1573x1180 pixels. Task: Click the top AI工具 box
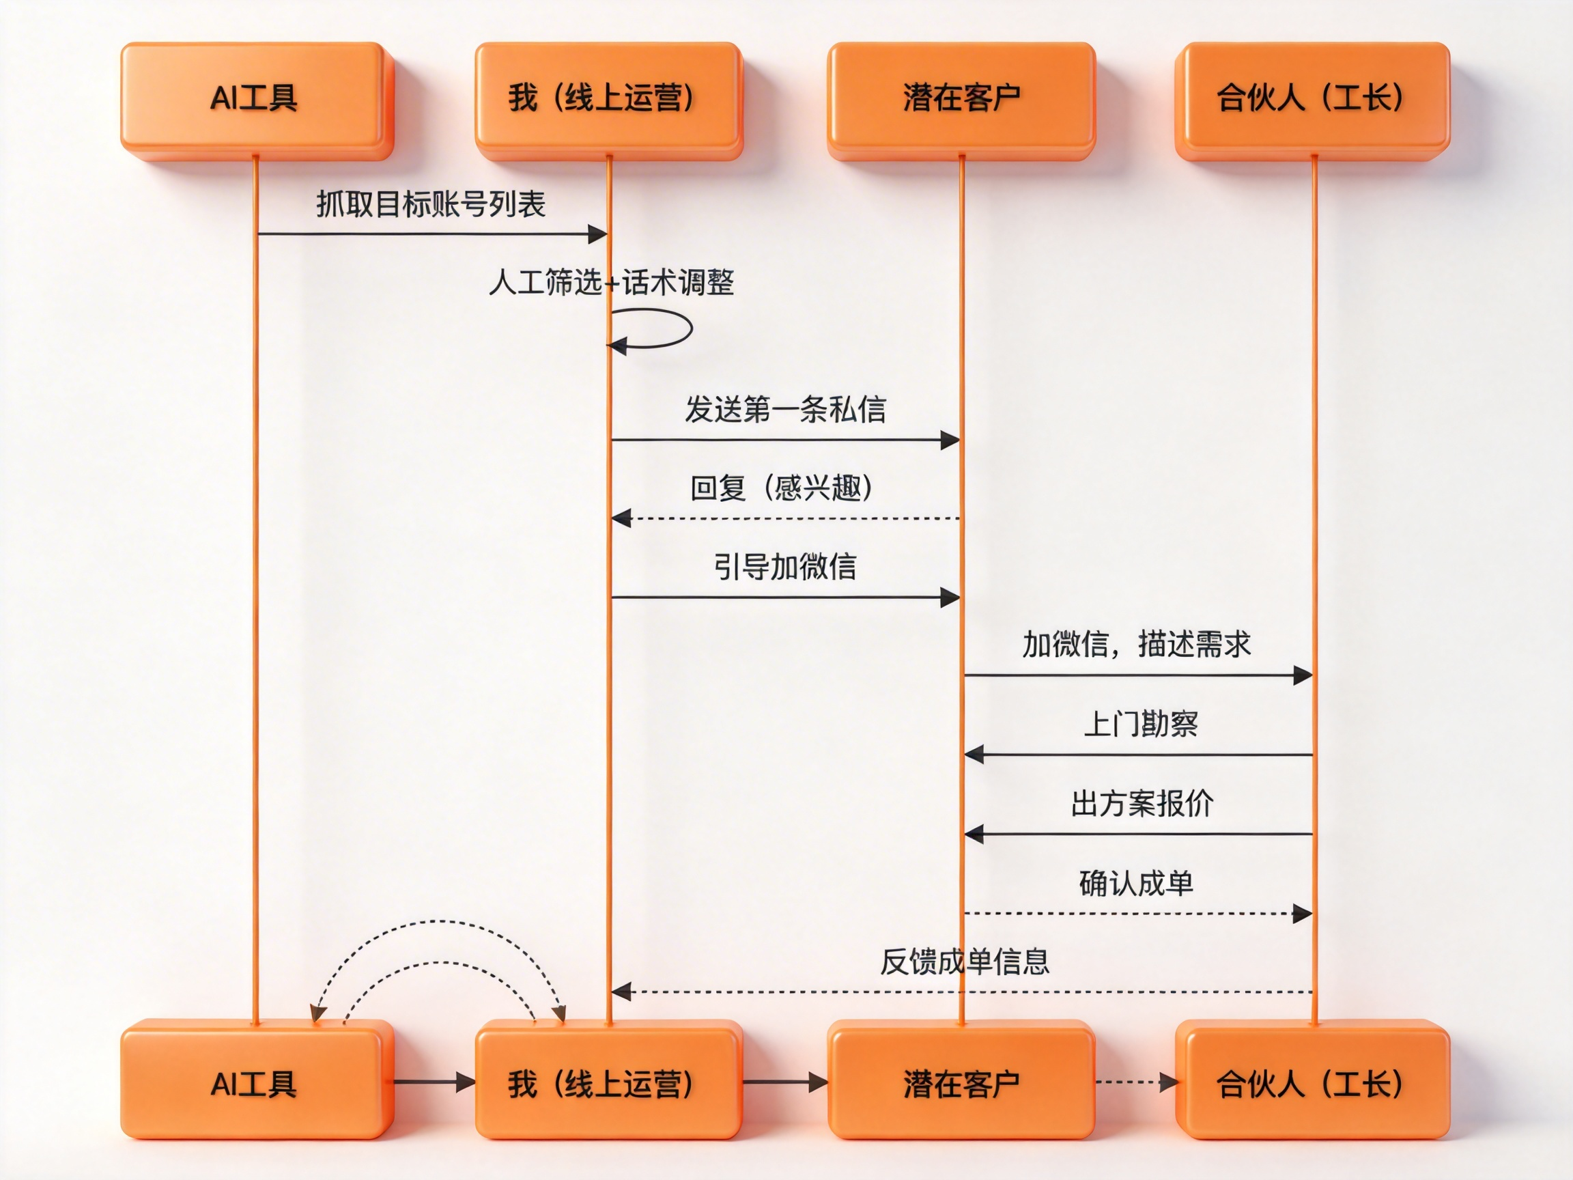pyautogui.click(x=256, y=100)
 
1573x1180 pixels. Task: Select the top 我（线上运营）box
pyautogui.click(x=608, y=100)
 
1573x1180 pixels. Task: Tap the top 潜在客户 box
pyautogui.click(x=961, y=100)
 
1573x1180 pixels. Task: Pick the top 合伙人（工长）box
pyautogui.click(x=1312, y=100)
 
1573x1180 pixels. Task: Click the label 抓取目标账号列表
pyautogui.click(x=431, y=205)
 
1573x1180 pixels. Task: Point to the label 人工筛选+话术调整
pyautogui.click(x=612, y=283)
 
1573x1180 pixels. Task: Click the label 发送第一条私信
pyautogui.click(x=785, y=410)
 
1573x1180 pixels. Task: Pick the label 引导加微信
pyautogui.click(x=785, y=567)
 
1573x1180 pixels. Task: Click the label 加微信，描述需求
pyautogui.click(x=1136, y=645)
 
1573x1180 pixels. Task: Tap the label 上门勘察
pyautogui.click(x=1141, y=724)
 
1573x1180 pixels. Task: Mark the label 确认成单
pyautogui.click(x=1136, y=884)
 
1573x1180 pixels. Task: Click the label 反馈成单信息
pyautogui.click(x=965, y=961)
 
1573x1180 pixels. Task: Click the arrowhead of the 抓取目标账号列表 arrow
pyautogui.click(x=597, y=234)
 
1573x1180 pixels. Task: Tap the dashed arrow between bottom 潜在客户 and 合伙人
pyautogui.click(x=1135, y=1082)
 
